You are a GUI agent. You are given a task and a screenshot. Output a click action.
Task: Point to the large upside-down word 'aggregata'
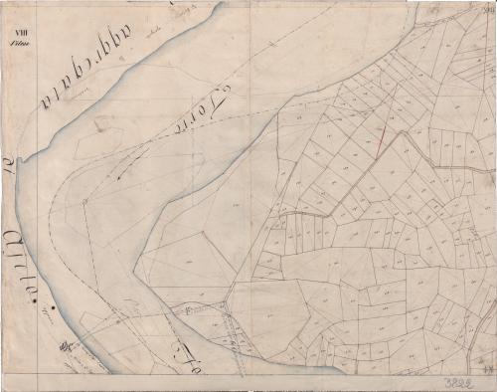coord(85,73)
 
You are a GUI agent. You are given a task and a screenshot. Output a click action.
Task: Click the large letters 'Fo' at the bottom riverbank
coord(188,350)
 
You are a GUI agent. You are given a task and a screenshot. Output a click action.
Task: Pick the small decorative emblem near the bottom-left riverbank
coord(64,347)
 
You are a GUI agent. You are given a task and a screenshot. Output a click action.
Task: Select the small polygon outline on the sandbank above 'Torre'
coord(102,123)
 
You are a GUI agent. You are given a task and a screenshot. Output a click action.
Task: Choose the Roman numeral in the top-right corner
coord(486,8)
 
